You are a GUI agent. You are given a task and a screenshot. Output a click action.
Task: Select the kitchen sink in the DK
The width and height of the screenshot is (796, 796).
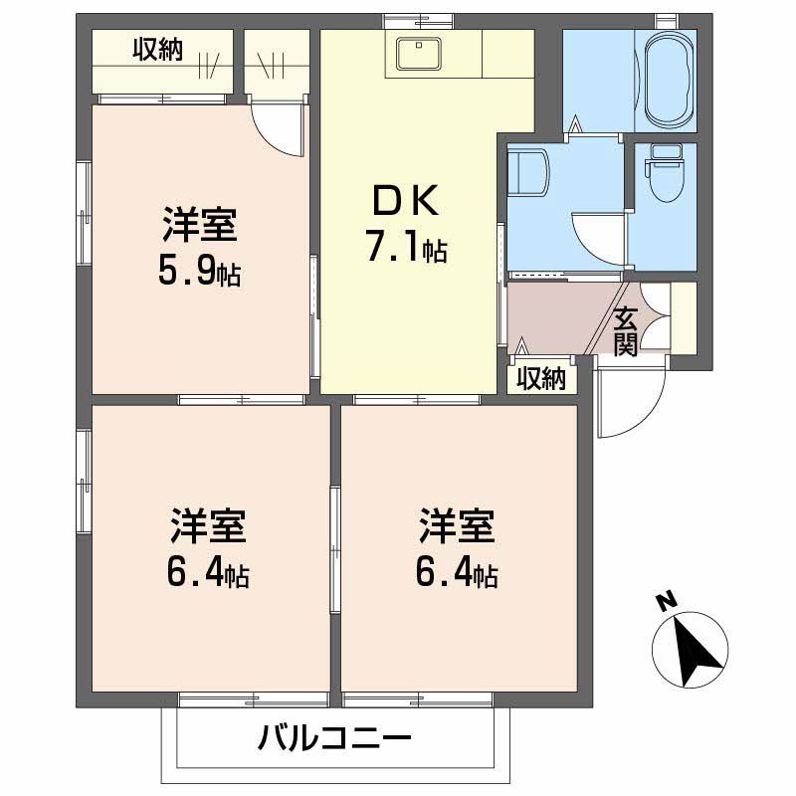click(x=419, y=54)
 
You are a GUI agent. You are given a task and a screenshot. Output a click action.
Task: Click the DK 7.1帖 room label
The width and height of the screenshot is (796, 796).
click(x=406, y=226)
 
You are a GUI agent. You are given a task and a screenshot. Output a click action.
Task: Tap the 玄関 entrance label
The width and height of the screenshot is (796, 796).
click(x=625, y=331)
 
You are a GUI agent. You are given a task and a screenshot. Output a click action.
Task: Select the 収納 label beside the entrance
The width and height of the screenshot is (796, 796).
click(x=541, y=379)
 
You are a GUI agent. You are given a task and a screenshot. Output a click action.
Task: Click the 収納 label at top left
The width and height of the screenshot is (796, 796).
click(x=158, y=49)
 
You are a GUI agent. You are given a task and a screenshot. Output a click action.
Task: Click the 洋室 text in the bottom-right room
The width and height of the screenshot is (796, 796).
click(x=458, y=526)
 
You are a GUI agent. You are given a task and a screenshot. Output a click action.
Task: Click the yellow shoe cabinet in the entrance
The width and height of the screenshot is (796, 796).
click(x=684, y=316)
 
